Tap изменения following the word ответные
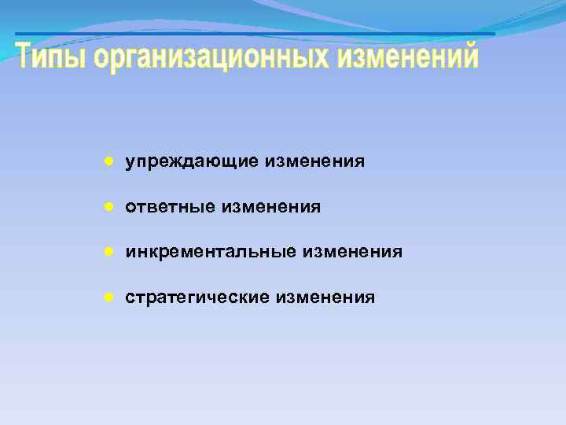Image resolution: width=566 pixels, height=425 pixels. tap(271, 207)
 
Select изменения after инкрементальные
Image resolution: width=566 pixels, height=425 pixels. tap(353, 253)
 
